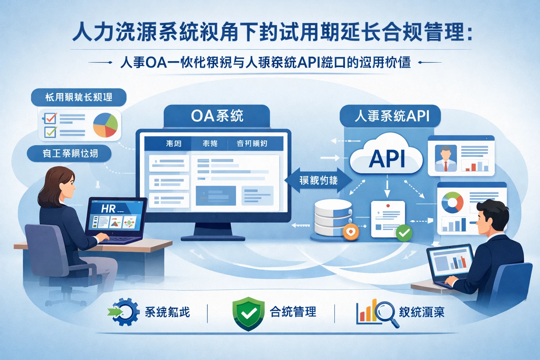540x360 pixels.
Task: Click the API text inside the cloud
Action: click(x=387, y=159)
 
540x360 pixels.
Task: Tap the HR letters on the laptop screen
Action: click(x=108, y=209)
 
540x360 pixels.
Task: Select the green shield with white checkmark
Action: click(x=248, y=313)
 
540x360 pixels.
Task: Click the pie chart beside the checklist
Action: click(x=105, y=125)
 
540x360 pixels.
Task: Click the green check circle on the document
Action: click(x=404, y=233)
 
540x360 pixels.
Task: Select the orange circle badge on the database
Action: click(x=351, y=232)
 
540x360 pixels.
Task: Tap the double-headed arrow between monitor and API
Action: click(x=319, y=181)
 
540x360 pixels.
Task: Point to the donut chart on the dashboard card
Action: click(x=452, y=202)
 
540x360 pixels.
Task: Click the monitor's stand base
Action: click(x=213, y=238)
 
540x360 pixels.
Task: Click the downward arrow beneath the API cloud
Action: click(x=387, y=190)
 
